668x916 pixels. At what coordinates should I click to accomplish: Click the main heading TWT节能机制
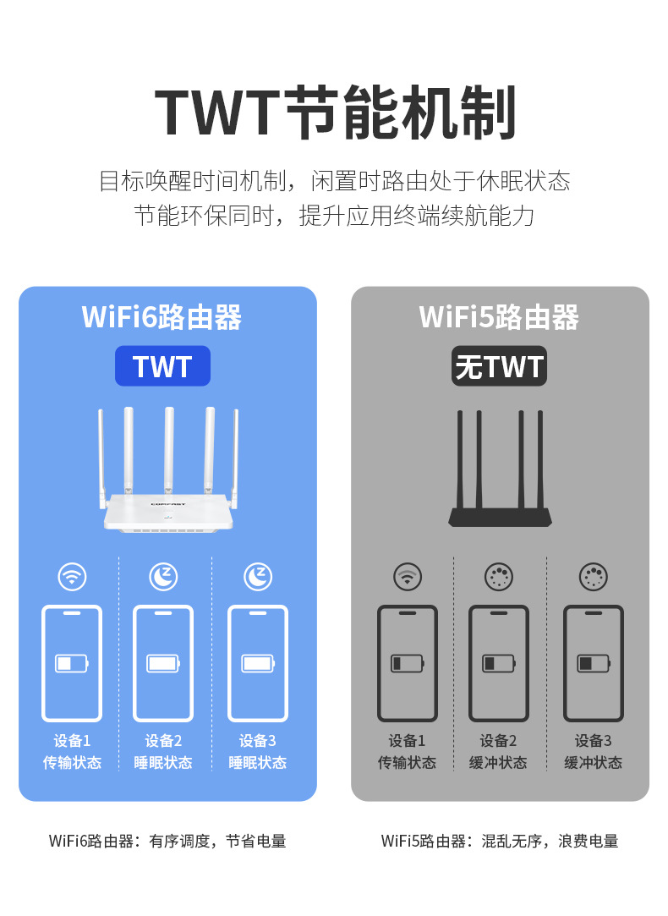(x=335, y=112)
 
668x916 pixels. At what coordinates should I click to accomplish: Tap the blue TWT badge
(x=162, y=366)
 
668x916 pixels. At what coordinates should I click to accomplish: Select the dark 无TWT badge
(x=499, y=366)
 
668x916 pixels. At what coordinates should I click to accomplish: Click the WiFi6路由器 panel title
(x=162, y=317)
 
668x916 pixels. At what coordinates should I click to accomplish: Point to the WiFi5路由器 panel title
(x=499, y=317)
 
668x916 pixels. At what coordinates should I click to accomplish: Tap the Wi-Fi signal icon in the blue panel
(x=73, y=577)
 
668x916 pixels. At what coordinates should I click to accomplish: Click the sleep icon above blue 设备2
(x=164, y=577)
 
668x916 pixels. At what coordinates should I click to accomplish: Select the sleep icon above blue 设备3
(x=258, y=577)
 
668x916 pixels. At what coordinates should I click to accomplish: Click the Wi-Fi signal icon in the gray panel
(x=408, y=577)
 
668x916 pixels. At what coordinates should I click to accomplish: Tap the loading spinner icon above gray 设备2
(x=499, y=577)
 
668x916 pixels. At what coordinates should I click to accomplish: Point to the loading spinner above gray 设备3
(x=594, y=577)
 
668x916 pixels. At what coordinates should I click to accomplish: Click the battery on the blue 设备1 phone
(x=72, y=663)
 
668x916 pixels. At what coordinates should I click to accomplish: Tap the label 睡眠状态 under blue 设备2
(x=163, y=763)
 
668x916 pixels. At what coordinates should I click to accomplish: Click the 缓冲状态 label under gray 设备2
(x=499, y=763)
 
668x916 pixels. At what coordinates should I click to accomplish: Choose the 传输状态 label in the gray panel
(x=407, y=763)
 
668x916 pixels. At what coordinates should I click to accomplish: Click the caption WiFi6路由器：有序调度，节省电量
(x=167, y=841)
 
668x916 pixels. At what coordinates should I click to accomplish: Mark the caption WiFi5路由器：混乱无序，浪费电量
(x=500, y=841)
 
